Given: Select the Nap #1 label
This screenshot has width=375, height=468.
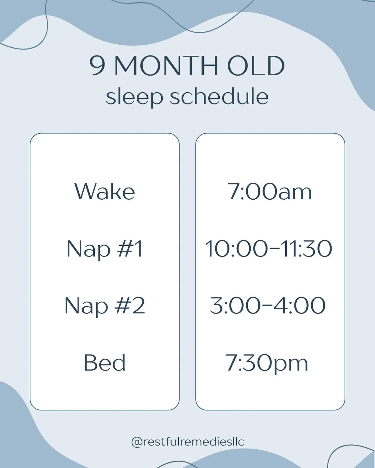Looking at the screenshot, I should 105,249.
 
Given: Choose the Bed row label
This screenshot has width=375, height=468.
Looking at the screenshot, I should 105,363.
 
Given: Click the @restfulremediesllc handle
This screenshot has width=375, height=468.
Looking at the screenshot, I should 187,442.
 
